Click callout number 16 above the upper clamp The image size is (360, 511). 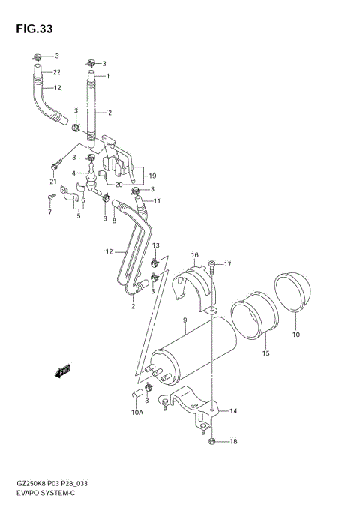point(193,255)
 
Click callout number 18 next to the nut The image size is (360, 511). point(232,441)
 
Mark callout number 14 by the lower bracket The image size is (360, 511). point(232,411)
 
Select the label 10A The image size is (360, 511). point(136,412)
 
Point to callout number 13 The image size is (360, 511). point(156,245)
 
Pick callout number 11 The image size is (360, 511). point(157,201)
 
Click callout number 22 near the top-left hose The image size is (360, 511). point(56,72)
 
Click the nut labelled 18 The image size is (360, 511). point(213,440)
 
